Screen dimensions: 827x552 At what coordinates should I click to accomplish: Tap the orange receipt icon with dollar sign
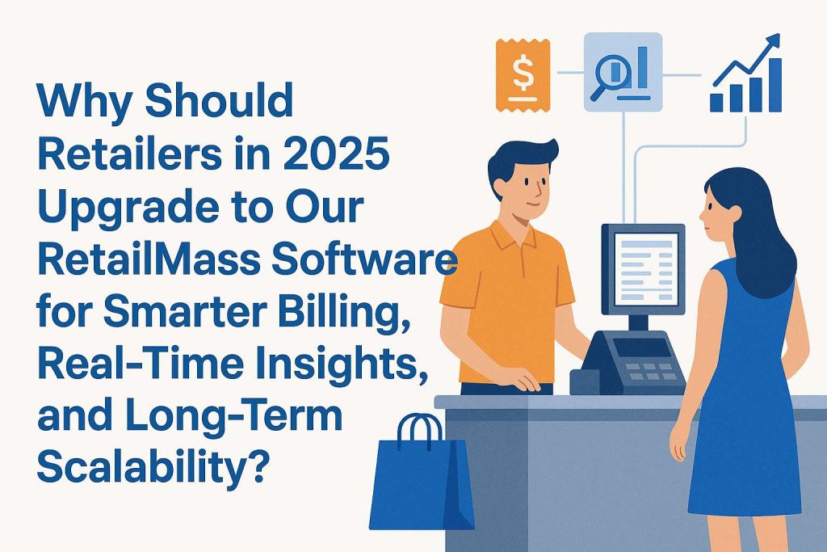pyautogui.click(x=523, y=75)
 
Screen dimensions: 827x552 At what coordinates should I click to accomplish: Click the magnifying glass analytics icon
pyautogui.click(x=623, y=72)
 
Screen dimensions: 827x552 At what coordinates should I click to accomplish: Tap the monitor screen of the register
pyautogui.click(x=647, y=269)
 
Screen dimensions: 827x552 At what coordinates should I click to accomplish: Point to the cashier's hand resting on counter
pyautogui.click(x=523, y=379)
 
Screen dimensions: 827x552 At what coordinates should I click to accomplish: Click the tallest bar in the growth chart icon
pyautogui.click(x=775, y=85)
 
